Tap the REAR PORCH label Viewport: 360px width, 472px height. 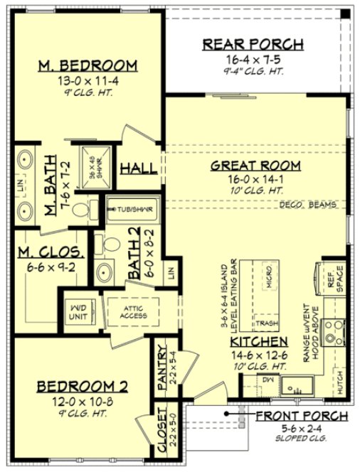tap(253, 44)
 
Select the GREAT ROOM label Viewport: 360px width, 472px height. tap(255, 166)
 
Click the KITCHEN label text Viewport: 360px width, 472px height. tap(259, 342)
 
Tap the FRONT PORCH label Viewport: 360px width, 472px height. tap(302, 416)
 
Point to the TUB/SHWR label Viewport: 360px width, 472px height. tap(133, 210)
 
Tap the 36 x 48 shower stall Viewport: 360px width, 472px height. tap(93, 167)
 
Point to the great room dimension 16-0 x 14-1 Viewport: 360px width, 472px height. tap(255, 179)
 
